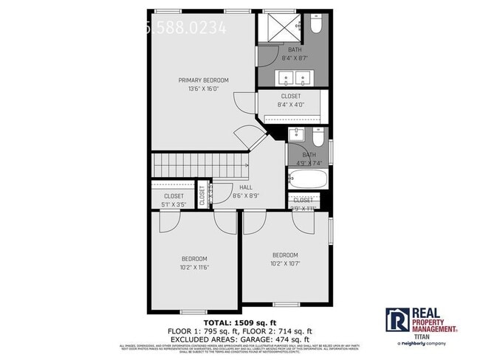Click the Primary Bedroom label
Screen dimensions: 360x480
[203, 80]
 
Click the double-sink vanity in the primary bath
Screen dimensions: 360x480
[293, 77]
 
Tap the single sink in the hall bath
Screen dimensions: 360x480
[296, 134]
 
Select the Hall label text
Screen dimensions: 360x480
[225, 187]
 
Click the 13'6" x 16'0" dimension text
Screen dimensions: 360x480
[203, 89]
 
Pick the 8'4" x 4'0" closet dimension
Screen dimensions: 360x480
[290, 105]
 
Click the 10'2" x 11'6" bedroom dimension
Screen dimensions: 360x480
[195, 267]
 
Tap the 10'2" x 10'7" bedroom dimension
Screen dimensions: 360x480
[285, 263]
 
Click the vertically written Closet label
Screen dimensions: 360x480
[202, 197]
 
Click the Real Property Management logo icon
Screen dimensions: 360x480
[397, 319]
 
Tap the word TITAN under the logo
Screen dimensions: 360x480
[422, 336]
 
